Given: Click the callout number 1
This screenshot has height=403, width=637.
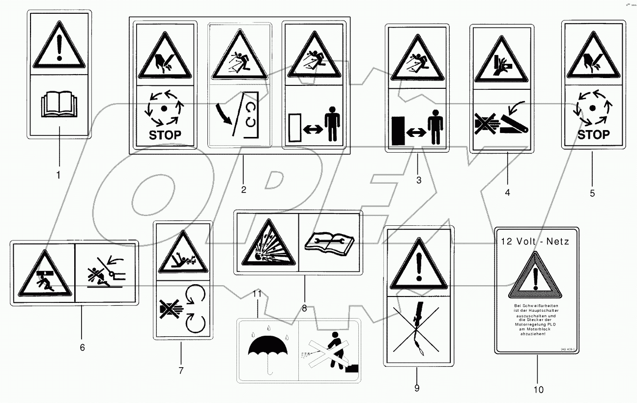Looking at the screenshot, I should coord(58,175).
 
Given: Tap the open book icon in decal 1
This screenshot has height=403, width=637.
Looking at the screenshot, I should coord(59,106).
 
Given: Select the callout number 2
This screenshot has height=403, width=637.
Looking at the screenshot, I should coord(243,188).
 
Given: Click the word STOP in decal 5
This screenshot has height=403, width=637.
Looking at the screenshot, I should coord(593,134).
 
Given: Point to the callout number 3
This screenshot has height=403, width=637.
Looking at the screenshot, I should coord(419,180).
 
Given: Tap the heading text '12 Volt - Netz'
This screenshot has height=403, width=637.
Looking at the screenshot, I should coord(535,242).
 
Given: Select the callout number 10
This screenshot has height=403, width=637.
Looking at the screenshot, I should coord(539,389).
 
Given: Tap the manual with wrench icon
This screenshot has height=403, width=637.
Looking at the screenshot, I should coord(329,243).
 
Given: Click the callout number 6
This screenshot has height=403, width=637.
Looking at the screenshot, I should coord(82,348).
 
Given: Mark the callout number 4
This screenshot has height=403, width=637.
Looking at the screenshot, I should coord(507,193).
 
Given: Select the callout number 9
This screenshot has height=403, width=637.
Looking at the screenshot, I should coord(417,388).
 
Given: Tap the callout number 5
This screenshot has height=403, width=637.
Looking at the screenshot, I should coord(592,193).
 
